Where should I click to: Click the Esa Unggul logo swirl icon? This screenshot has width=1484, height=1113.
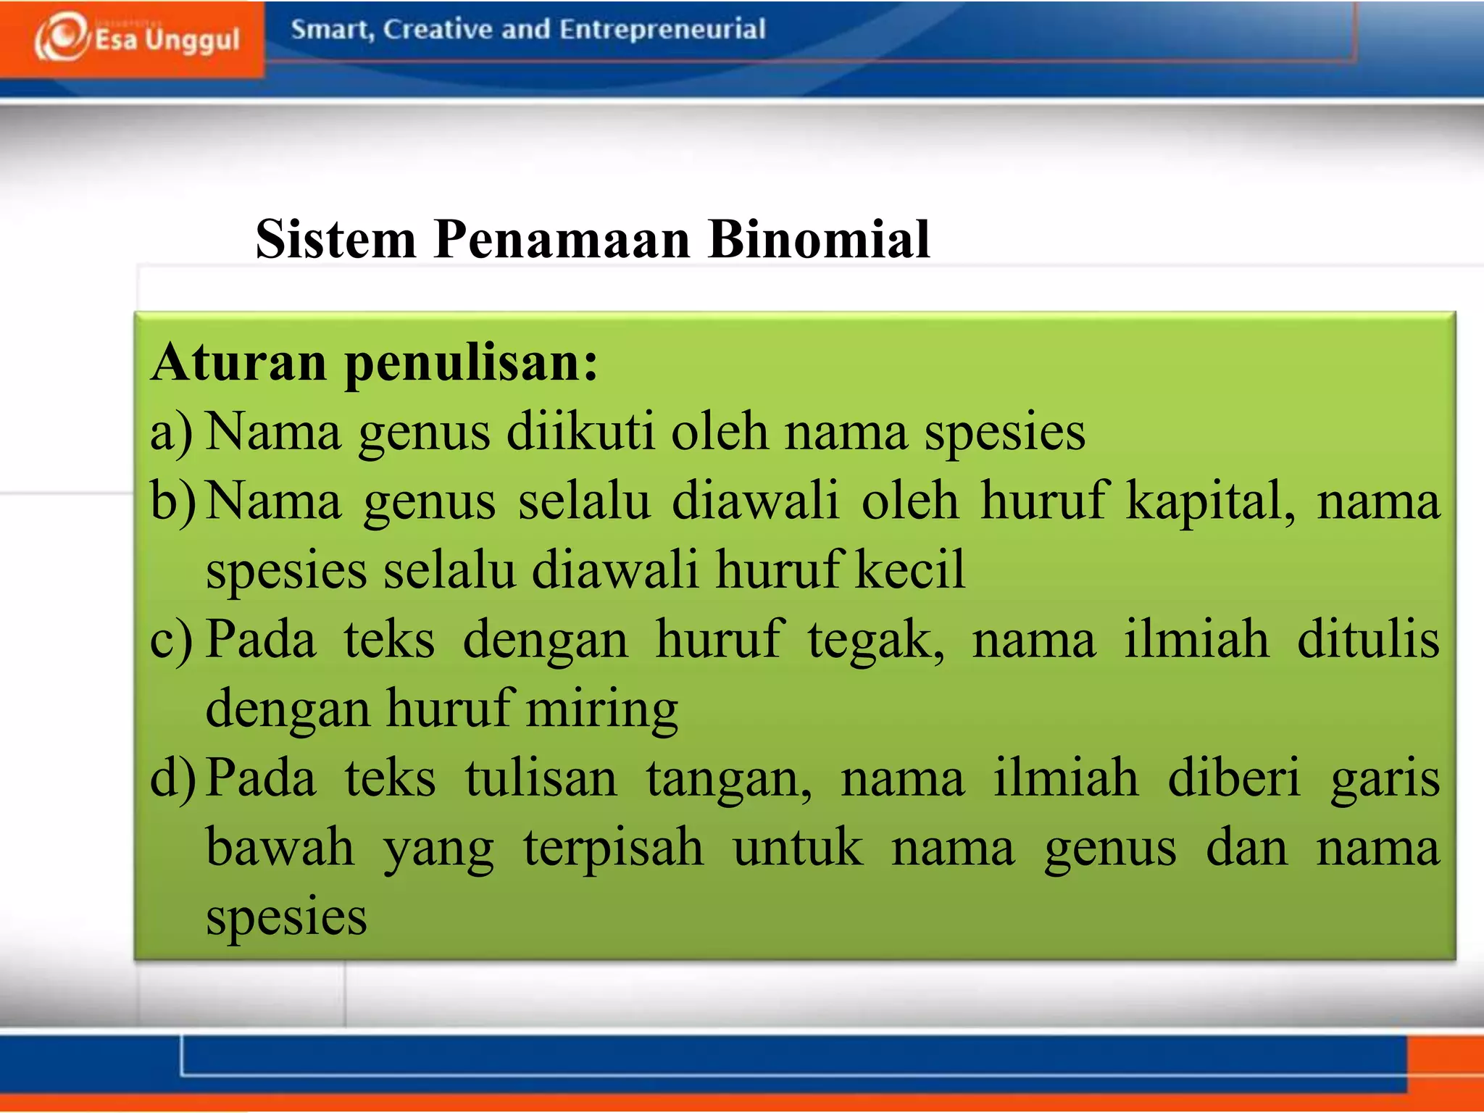coord(63,36)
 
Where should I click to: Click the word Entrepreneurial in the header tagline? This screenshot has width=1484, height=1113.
coord(662,29)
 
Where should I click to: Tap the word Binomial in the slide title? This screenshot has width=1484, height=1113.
coord(819,239)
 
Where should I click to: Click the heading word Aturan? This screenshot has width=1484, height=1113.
coord(239,362)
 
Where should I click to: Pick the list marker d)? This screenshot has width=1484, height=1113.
coord(172,778)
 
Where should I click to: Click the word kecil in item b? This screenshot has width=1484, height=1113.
coord(910,570)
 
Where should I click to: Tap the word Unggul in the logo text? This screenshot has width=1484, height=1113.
coord(192,40)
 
